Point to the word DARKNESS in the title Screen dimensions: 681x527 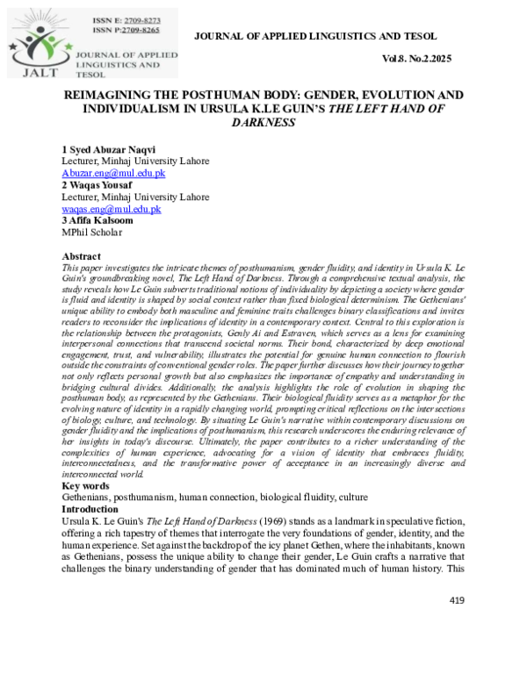[x=263, y=122]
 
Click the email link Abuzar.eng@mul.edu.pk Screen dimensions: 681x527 [x=112, y=174]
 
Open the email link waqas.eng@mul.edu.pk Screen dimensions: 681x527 [x=111, y=209]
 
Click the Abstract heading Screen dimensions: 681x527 [x=82, y=255]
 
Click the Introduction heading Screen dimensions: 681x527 [x=90, y=509]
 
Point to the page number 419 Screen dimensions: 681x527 [x=456, y=600]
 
